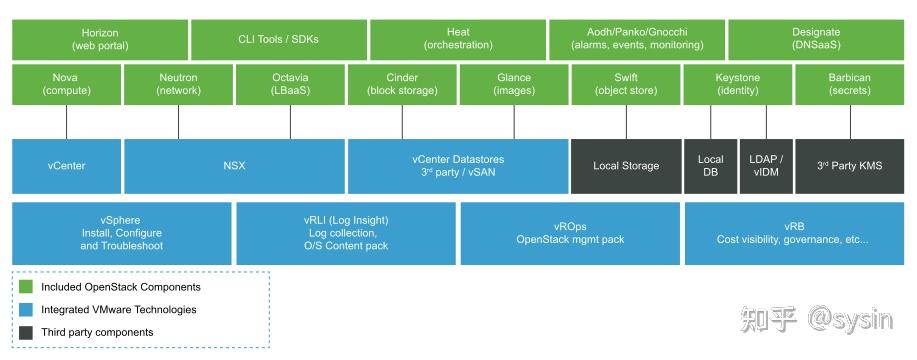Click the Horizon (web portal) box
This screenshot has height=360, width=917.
point(100,40)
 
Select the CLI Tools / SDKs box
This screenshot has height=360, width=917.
point(278,40)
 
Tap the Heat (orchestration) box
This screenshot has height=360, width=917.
point(457,40)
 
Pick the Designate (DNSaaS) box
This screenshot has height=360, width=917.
point(816,40)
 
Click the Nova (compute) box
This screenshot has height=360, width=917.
point(66,84)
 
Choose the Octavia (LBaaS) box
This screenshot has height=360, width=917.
point(290,84)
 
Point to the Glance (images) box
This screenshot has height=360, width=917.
point(514,84)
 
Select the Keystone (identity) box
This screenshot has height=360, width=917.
point(738,84)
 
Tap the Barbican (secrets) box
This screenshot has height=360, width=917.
point(849,84)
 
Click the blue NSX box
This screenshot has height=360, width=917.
point(234,166)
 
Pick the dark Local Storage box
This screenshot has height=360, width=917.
point(626,166)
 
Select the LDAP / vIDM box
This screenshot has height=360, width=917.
point(766,166)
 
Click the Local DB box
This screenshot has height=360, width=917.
point(710,166)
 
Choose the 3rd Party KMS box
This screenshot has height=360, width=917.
point(849,166)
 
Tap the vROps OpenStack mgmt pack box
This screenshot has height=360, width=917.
point(570,233)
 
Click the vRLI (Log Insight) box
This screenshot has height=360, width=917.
point(346,233)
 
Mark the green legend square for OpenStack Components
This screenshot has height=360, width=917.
point(27,287)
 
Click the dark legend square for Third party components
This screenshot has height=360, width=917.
point(27,332)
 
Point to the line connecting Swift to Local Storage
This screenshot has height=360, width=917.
point(626,122)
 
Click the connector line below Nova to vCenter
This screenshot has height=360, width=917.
point(66,122)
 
